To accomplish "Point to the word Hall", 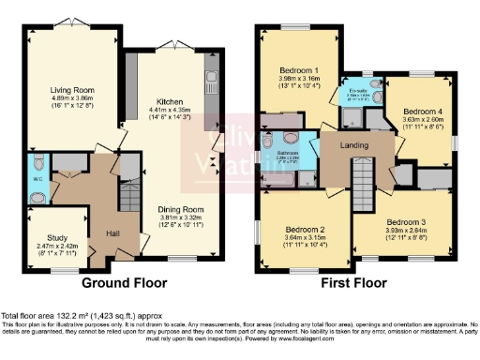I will (113, 232).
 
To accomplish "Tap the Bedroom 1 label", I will (301, 69).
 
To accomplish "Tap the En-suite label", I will (357, 88).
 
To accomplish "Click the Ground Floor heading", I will (124, 282).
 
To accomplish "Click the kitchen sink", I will (210, 78).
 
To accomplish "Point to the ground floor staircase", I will (128, 198).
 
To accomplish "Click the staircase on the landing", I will (361, 184).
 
